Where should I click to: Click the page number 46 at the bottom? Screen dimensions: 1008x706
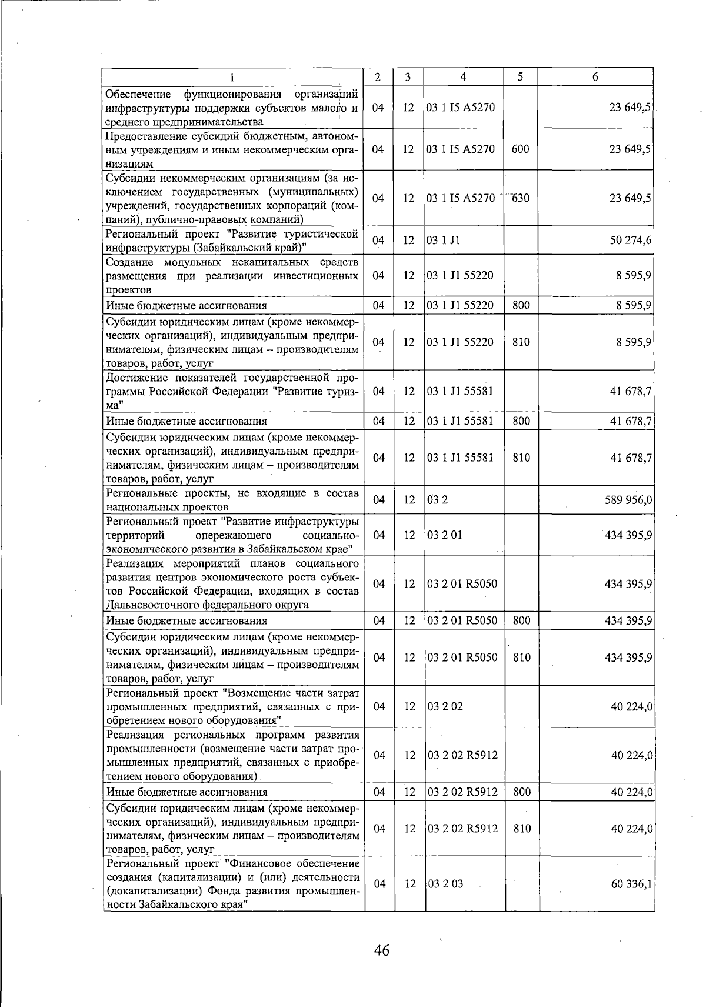coord(381,950)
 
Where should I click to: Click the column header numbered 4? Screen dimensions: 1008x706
coord(464,77)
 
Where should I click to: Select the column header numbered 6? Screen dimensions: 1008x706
coord(595,77)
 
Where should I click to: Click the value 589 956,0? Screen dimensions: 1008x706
coord(628,500)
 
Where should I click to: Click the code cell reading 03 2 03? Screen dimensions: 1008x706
coord(445,884)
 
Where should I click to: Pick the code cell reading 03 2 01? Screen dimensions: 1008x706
coord(445,535)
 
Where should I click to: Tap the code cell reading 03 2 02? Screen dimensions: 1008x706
coord(445,706)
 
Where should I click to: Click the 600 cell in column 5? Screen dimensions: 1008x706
coord(520,149)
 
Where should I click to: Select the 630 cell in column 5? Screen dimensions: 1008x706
coord(520,198)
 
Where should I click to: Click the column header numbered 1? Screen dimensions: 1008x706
coord(232,77)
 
